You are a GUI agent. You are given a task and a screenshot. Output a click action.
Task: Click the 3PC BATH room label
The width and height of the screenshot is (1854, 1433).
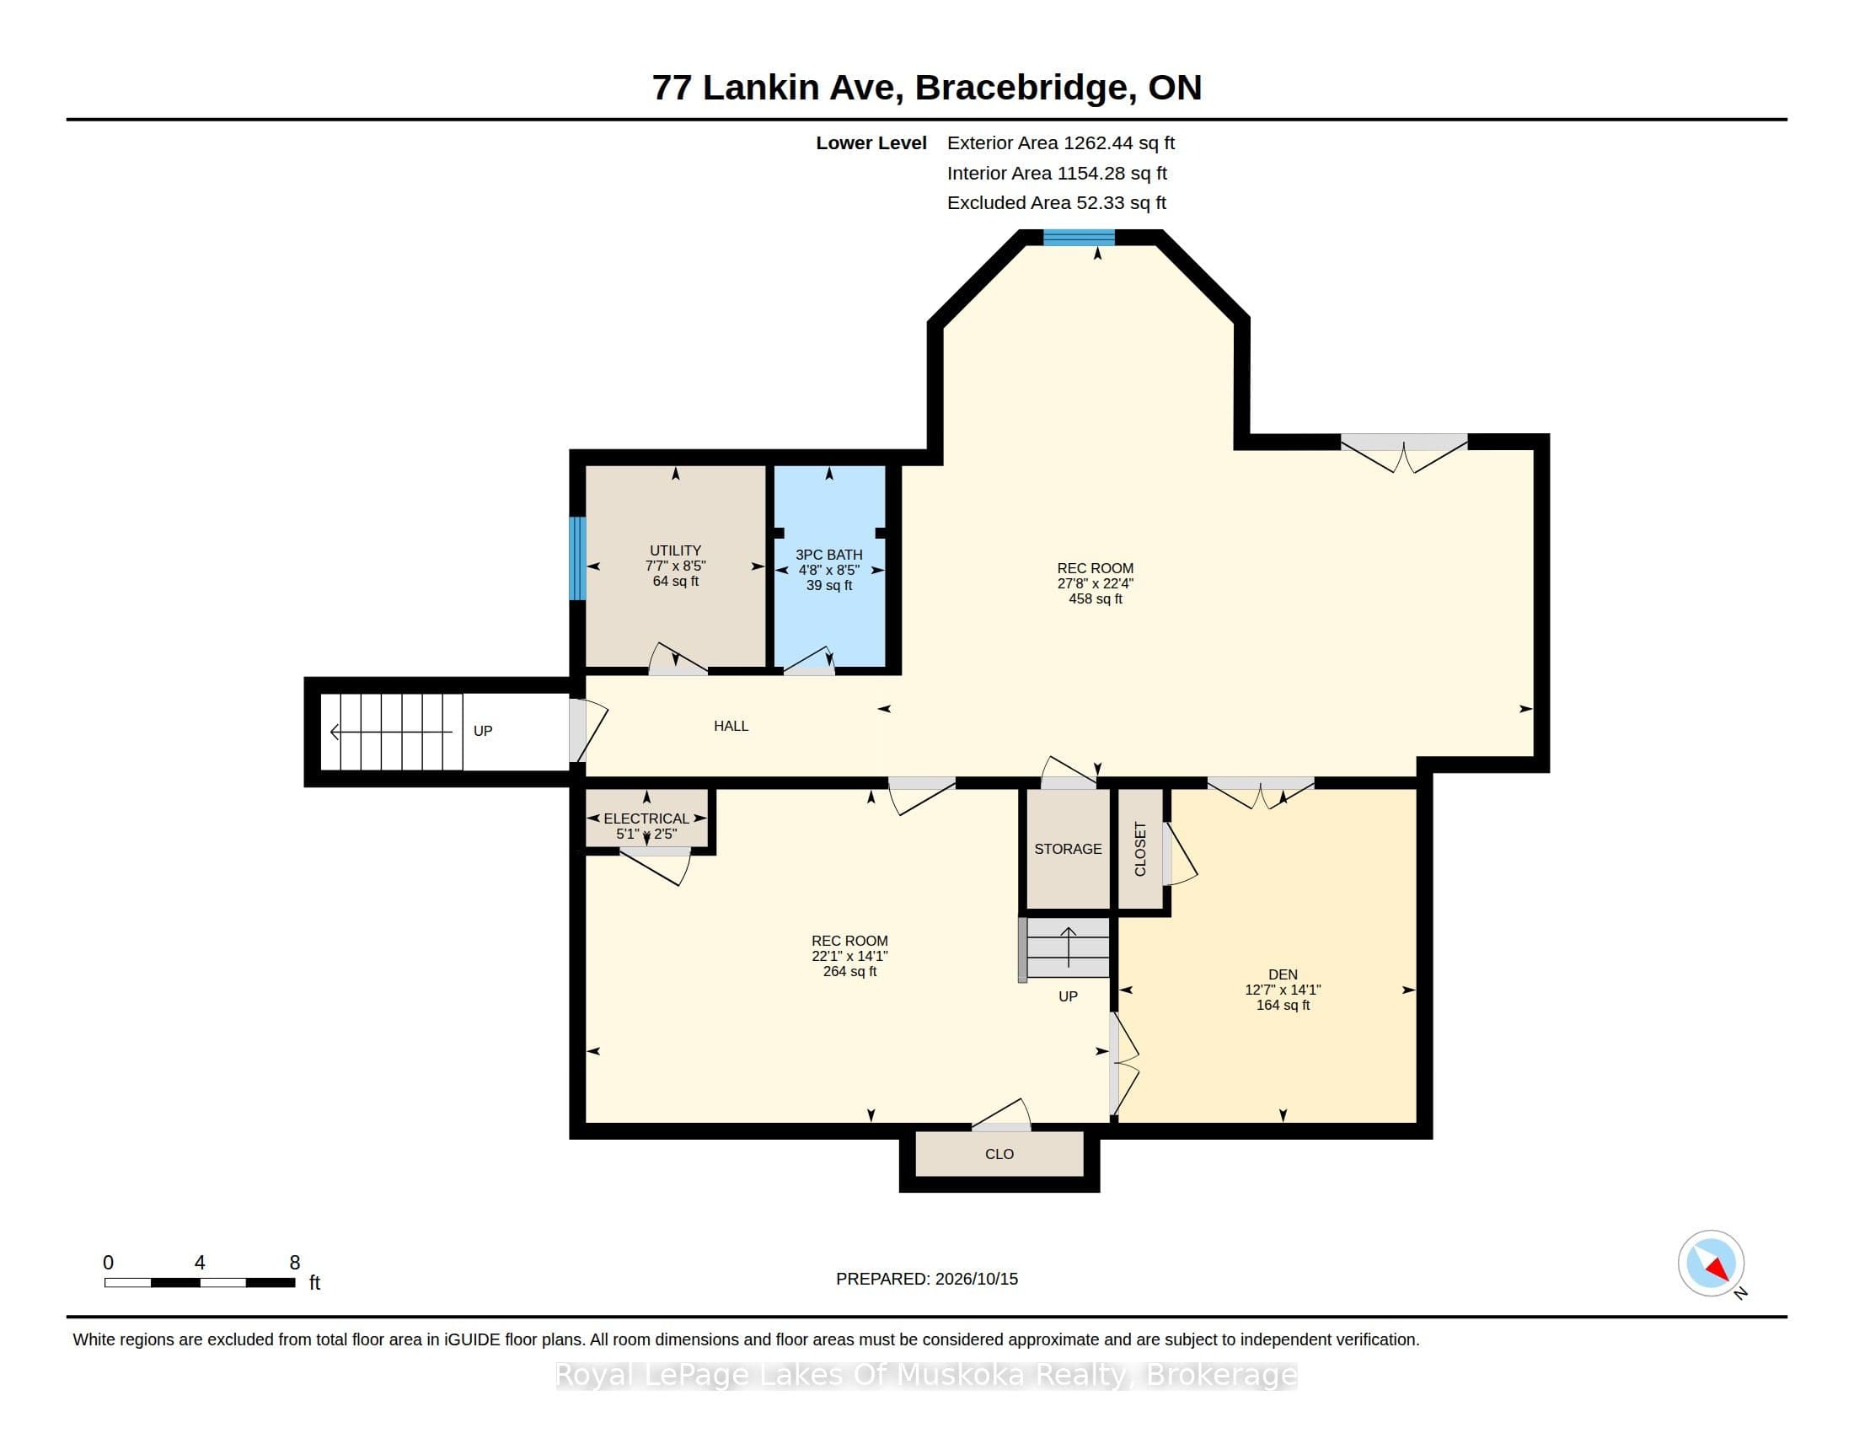tap(828, 555)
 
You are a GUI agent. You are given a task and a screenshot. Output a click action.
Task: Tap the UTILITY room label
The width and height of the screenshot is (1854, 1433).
tap(676, 550)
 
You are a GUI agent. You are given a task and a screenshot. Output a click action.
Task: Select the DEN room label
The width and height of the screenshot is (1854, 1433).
tap(1283, 974)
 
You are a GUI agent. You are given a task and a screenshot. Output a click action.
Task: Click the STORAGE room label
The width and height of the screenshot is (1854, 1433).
tap(1068, 849)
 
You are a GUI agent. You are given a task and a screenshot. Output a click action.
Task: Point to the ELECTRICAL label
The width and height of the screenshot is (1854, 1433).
tap(646, 818)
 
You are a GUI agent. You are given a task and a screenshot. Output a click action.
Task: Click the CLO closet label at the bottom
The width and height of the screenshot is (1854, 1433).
tap(999, 1154)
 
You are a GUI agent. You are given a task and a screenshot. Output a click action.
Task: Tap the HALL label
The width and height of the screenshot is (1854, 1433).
tap(731, 726)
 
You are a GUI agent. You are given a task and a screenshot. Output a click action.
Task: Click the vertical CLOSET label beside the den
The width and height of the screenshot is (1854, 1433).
tap(1140, 849)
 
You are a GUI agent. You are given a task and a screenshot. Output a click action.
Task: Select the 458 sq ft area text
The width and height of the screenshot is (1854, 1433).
tap(1095, 598)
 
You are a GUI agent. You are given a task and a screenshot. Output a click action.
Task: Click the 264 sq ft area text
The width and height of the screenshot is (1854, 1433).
tap(849, 971)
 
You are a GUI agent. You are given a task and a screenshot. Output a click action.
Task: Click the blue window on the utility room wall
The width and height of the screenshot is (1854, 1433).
tap(577, 558)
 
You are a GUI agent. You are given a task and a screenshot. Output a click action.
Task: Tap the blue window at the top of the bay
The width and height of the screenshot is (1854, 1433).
tap(1078, 237)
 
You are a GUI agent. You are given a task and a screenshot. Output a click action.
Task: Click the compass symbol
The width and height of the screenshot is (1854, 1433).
tap(1711, 1264)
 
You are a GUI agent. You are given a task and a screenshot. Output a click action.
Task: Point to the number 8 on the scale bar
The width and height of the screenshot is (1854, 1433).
tap(295, 1263)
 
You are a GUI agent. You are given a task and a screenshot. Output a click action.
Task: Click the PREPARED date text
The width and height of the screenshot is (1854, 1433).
tap(927, 1279)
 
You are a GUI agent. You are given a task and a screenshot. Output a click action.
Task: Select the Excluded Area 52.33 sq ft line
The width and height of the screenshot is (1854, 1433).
tap(1057, 203)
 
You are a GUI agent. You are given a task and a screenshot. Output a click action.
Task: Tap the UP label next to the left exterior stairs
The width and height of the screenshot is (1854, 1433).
tap(483, 731)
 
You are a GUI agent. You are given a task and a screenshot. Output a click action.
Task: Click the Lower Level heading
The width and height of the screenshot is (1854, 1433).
tap(871, 142)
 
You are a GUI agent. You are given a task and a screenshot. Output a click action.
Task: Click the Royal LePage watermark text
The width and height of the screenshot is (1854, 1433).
tap(927, 1375)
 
